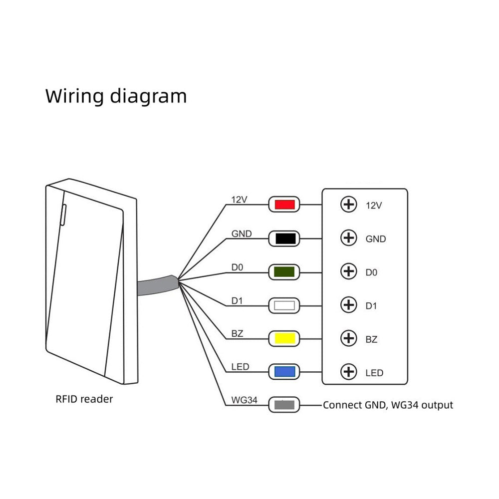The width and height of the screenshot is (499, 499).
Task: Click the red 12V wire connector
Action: tap(284, 204)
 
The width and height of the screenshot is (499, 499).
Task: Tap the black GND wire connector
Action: tap(284, 239)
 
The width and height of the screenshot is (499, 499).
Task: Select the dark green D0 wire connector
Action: tap(284, 272)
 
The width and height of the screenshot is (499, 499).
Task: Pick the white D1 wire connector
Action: tap(284, 305)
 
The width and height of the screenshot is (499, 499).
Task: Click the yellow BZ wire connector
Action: tap(284, 339)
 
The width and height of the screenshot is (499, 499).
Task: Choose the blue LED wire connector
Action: tap(284, 372)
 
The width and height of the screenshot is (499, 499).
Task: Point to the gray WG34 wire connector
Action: tap(284, 405)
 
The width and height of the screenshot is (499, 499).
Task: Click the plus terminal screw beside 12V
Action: tap(348, 204)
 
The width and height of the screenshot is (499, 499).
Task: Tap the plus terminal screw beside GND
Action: tap(348, 238)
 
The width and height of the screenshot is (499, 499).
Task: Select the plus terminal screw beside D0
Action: tap(348, 272)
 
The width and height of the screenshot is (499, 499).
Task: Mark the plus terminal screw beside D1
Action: tap(348, 305)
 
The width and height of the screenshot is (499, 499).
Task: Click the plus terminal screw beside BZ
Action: tap(348, 338)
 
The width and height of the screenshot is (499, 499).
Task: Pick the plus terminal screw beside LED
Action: tap(348, 372)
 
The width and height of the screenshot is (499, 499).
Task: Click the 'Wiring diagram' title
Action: tap(116, 95)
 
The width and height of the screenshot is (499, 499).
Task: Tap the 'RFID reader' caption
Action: tap(84, 399)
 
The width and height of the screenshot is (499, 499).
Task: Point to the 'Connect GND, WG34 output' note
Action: tap(388, 405)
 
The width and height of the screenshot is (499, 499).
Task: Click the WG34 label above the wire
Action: tap(244, 400)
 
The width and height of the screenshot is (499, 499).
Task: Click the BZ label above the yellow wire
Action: tap(238, 333)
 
